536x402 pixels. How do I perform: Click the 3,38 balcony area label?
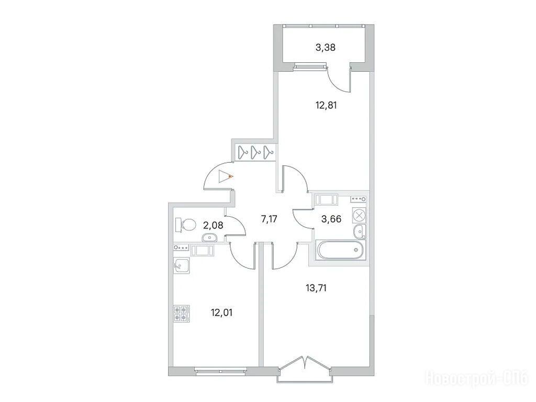(325, 48)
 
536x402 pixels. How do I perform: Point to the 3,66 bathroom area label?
(331, 219)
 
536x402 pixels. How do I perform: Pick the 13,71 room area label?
(316, 288)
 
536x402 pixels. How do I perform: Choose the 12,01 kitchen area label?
(222, 312)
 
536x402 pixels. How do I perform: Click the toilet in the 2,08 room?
(185, 225)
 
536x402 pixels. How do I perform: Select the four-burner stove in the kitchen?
(182, 314)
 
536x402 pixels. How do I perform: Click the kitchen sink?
(182, 265)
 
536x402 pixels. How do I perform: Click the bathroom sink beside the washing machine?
(360, 231)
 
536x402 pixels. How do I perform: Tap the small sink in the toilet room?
(209, 237)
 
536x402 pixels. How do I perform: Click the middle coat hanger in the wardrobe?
(255, 152)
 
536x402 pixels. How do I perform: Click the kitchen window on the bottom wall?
(220, 370)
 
